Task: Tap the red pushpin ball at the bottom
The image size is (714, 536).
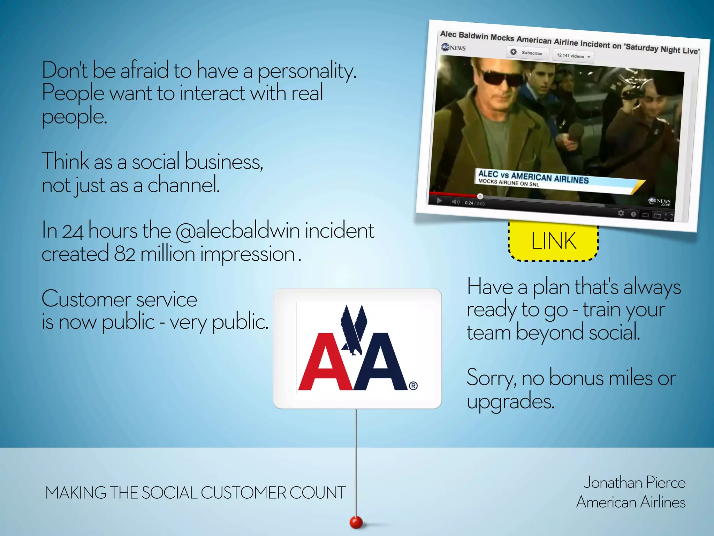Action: pyautogui.click(x=356, y=522)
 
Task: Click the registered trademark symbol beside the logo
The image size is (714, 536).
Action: pyautogui.click(x=413, y=386)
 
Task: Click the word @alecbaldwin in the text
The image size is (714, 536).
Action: pyautogui.click(x=238, y=231)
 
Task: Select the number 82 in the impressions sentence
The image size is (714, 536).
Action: pyautogui.click(x=124, y=254)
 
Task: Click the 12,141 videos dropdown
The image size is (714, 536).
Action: pyautogui.click(x=573, y=56)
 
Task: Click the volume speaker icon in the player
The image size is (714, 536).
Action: pyautogui.click(x=456, y=202)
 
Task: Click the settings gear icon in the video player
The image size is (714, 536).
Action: pyautogui.click(x=621, y=213)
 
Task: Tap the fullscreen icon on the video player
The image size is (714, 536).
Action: pyautogui.click(x=668, y=217)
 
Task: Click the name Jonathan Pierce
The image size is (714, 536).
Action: pyautogui.click(x=634, y=483)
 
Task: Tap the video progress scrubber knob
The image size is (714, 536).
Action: pyautogui.click(x=480, y=196)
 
